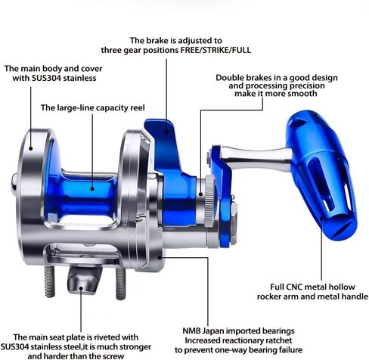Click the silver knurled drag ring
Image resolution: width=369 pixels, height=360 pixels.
pos(209,201)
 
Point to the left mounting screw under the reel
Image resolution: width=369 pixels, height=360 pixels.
pos(49,281)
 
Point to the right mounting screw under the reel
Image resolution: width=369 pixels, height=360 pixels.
pos(120,284)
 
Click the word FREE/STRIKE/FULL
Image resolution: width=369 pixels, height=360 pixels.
pos(216,50)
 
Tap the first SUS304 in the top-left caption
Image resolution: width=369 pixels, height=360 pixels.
pos(46,78)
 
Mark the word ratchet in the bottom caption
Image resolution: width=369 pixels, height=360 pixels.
pos(279,340)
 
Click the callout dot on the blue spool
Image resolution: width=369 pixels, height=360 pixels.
pos(92,188)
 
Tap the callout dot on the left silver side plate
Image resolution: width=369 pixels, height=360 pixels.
pos(31,148)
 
